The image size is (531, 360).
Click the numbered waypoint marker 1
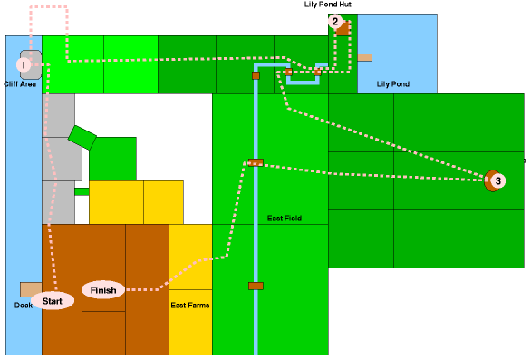pyautogui.click(x=24, y=64)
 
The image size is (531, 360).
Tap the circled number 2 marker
pyautogui.click(x=335, y=22)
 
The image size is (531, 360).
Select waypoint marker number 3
pyautogui.click(x=497, y=181)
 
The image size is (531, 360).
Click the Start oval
pyautogui.click(x=52, y=301)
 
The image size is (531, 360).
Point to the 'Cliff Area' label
pyautogui.click(x=20, y=83)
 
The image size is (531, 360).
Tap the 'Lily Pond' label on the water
pyautogui.click(x=391, y=83)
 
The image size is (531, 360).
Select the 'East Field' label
pyautogui.click(x=284, y=218)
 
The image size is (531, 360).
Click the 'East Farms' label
pyautogui.click(x=190, y=306)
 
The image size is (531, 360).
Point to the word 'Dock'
pyautogui.click(x=24, y=305)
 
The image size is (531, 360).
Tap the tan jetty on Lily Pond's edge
pyautogui.click(x=364, y=57)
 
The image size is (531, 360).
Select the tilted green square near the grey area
pyautogui.click(x=82, y=137)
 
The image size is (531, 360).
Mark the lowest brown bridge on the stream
pyautogui.click(x=256, y=286)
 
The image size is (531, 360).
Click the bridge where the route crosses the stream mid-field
pyautogui.click(x=256, y=163)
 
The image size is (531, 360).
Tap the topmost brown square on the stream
pyautogui.click(x=256, y=75)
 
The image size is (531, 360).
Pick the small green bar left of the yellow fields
pyautogui.click(x=82, y=191)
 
